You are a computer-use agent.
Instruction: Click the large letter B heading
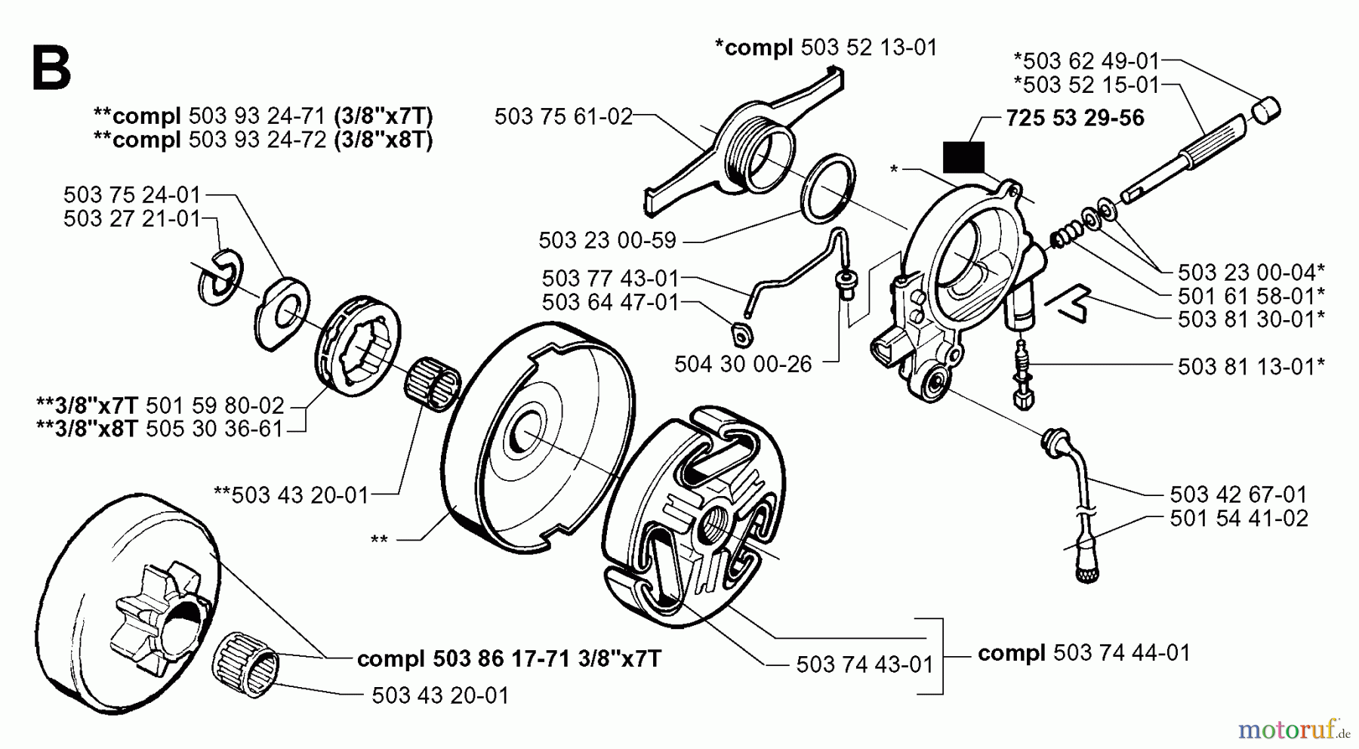tap(51, 68)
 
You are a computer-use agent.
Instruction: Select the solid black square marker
tap(963, 158)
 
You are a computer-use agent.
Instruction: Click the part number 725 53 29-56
tap(1074, 118)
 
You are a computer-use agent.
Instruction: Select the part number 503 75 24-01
tap(132, 195)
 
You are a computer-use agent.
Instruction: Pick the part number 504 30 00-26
tap(743, 364)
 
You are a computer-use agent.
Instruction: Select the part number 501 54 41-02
tap(1239, 519)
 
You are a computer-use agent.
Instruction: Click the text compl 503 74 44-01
tap(1083, 652)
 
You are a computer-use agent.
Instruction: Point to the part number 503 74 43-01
tap(864, 664)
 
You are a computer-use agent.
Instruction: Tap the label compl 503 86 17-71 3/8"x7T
tap(509, 659)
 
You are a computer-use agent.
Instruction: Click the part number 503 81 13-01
tap(1250, 367)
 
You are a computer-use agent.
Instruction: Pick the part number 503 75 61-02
tap(563, 116)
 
